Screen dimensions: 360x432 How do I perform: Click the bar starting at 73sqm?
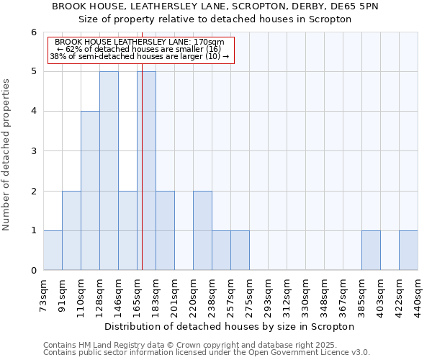53,250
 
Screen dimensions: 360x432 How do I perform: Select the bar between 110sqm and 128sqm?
90,190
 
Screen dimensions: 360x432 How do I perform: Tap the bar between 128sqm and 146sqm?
109,171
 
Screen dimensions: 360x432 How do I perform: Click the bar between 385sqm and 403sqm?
371,250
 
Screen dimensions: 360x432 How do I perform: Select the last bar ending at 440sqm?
408,250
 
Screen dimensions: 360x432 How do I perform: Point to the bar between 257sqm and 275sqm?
240,250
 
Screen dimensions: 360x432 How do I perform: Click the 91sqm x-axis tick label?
62,292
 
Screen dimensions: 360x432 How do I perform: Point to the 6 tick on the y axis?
34,32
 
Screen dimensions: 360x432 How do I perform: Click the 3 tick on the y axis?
34,151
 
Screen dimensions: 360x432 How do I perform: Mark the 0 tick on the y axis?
34,270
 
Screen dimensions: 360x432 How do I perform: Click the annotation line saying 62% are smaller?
141,49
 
